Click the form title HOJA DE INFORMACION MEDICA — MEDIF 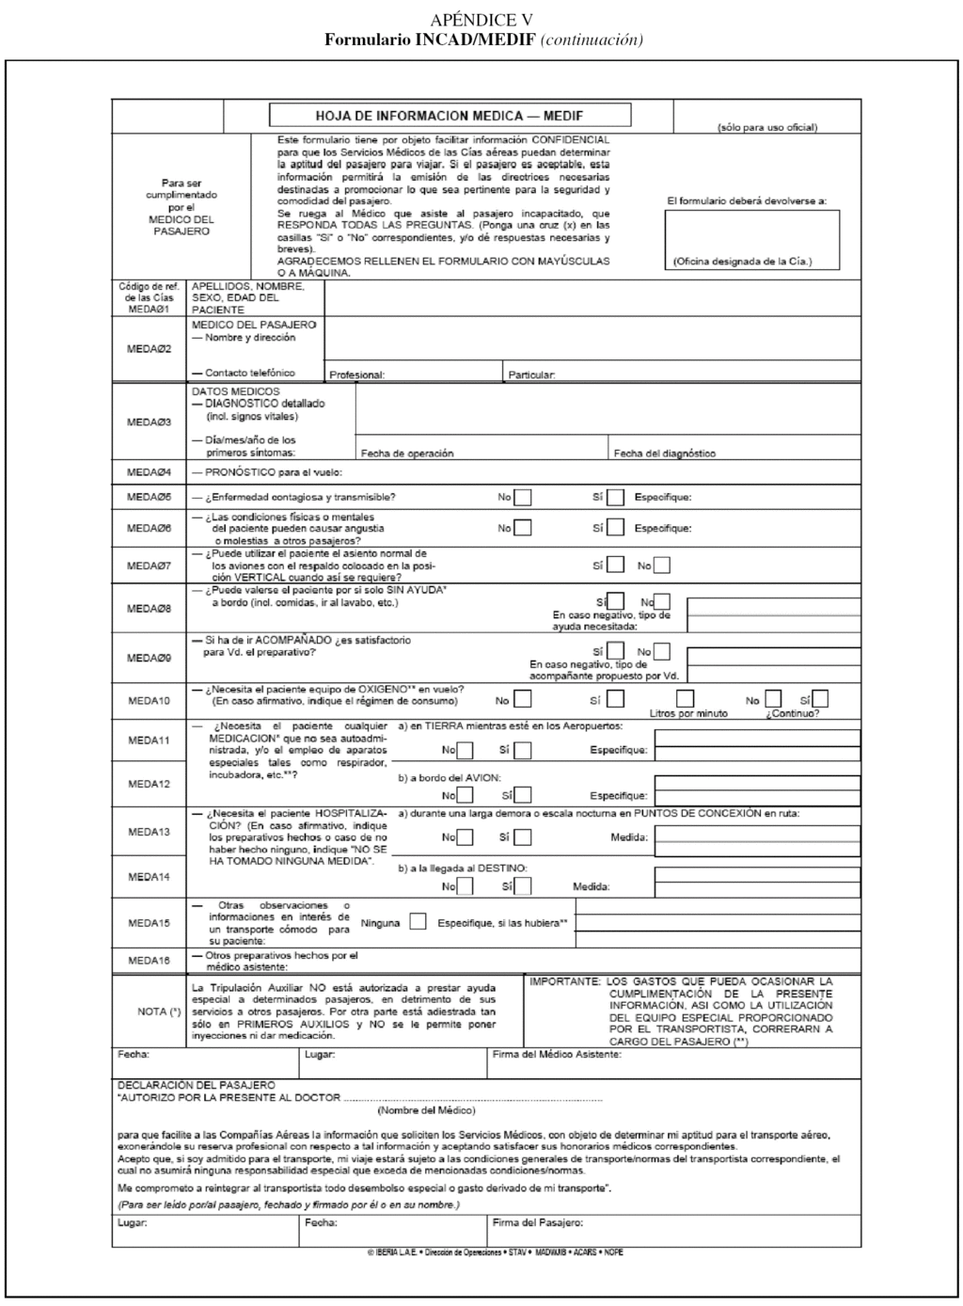450,116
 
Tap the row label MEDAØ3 150,422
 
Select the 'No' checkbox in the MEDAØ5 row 522,498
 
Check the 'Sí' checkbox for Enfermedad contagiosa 615,498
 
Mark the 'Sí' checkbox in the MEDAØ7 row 615,565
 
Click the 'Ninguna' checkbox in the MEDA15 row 418,922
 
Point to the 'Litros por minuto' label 688,713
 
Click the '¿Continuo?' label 792,713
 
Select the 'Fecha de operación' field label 407,454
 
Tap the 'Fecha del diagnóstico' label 664,454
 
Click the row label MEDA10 150,701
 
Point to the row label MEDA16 150,961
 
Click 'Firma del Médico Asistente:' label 557,1055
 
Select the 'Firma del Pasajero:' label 538,1223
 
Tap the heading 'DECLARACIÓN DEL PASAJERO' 197,1085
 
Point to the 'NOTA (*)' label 158,1011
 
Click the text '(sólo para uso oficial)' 766,127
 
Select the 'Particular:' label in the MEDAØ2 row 531,375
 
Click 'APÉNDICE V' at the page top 481,21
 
